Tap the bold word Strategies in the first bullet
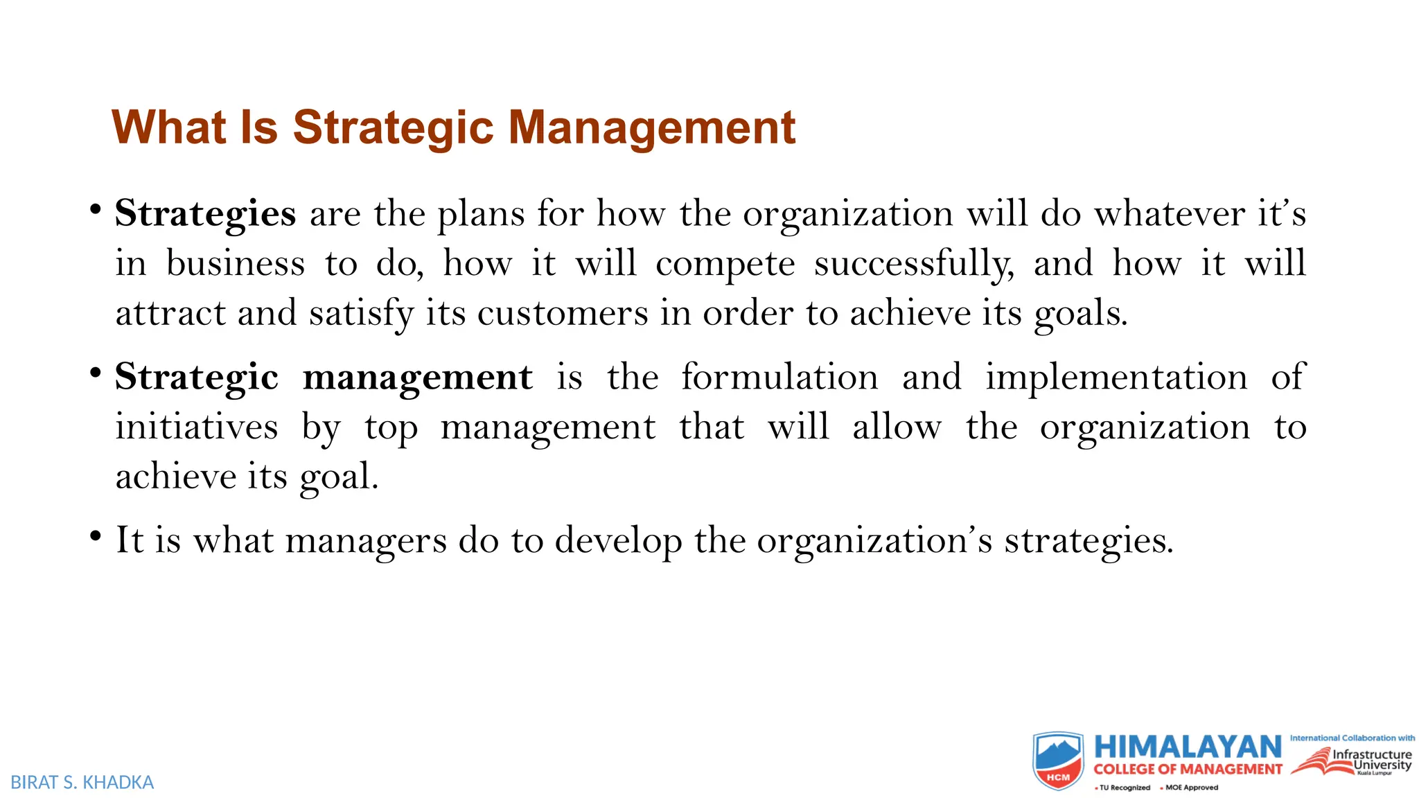205,213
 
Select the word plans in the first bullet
481,215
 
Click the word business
236,264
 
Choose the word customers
563,314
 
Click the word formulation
779,378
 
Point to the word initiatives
197,427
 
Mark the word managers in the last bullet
366,541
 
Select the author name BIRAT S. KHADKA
82,783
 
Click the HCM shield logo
1058,761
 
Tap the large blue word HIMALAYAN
1188,747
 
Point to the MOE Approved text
1191,788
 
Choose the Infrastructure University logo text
1371,760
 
